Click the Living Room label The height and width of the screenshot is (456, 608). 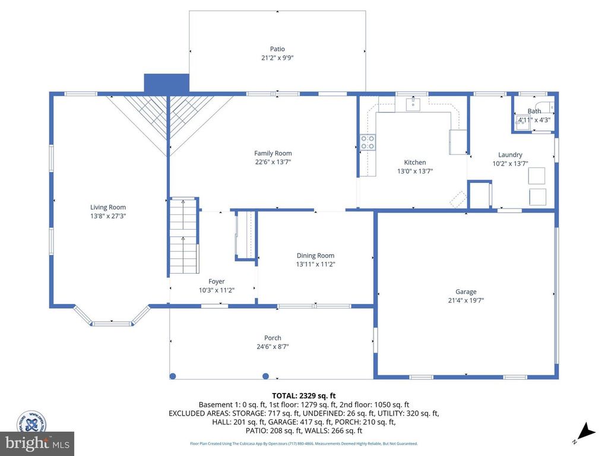coord(108,207)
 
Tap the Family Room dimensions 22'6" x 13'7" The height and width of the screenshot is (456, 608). coord(273,162)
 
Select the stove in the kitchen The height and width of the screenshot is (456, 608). coord(368,142)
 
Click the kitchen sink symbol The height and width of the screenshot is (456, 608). coord(413,104)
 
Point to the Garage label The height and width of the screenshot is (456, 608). coord(466,292)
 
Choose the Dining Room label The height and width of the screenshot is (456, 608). coord(316,255)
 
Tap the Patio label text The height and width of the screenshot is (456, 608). coord(277,49)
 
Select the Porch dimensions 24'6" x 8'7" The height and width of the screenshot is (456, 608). coord(273,347)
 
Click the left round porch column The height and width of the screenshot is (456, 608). coord(173,376)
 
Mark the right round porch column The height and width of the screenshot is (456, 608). coord(265,376)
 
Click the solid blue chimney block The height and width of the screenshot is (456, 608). coord(166,83)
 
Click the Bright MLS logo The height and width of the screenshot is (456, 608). coord(37,443)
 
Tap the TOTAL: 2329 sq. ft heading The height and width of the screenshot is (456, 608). coord(304,395)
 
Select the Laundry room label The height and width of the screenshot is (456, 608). coord(510,154)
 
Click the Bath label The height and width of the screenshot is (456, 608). coord(534,111)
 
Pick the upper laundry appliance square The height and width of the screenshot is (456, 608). coord(537,176)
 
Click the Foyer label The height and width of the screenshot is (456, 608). coord(217,281)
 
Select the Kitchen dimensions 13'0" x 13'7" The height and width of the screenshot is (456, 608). coord(415,171)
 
